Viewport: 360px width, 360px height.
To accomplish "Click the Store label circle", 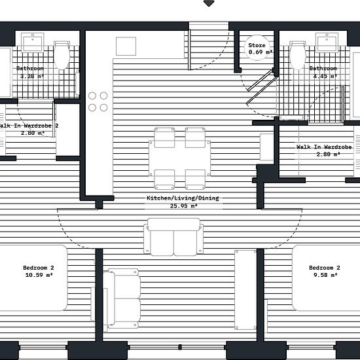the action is coord(257,48).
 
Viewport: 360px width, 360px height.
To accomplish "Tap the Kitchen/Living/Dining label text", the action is coord(183,198).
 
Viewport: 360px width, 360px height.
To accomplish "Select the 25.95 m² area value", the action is coord(183,206).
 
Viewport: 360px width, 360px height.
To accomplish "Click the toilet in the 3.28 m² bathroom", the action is coord(62,55).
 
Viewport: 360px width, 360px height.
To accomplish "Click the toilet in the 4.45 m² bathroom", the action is coord(298,55).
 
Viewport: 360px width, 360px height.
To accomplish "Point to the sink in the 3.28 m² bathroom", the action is coord(32,43).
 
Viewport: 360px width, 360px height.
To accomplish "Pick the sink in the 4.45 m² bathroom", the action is coord(327,43).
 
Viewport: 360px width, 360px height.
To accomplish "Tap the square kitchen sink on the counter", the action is coord(126,46).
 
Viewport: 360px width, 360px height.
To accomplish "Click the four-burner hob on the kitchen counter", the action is coord(98,101).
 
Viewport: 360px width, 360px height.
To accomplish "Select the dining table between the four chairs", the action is coord(179,158).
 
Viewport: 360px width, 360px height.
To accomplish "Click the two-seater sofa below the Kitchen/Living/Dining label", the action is coord(173,237).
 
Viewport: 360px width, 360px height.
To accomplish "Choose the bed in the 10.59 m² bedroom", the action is coord(33,278).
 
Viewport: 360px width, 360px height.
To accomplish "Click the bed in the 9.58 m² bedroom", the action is coord(326,278).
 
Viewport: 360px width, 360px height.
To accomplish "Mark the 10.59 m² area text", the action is coord(39,275).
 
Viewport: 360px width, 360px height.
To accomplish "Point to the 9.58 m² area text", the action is coord(325,275).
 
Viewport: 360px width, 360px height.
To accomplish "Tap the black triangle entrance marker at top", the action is coord(209,3).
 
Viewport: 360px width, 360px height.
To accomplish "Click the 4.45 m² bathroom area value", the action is coord(325,76).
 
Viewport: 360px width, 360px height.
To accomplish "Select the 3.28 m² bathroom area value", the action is coord(32,76).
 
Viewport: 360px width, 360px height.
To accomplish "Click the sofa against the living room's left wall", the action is coord(122,298).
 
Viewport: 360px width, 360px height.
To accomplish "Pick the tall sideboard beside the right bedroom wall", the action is coord(245,290).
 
